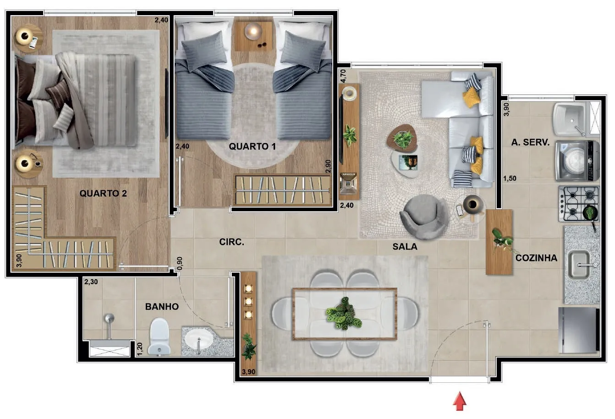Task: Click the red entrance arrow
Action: click(460, 401)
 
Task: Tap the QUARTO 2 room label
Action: click(103, 193)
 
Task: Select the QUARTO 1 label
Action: click(253, 147)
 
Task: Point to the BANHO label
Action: click(162, 307)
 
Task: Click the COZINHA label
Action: click(537, 258)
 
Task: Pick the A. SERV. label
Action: click(530, 143)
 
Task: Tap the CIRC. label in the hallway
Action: click(232, 242)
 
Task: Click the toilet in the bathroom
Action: click(159, 336)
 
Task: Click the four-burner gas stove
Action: click(579, 204)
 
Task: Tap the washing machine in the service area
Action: click(577, 161)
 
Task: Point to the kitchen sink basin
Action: click(579, 265)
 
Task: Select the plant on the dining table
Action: click(344, 314)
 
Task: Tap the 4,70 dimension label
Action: click(343, 76)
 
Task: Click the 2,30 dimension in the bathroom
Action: click(91, 282)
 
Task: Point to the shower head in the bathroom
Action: click(109, 319)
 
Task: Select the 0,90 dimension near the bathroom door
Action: click(180, 263)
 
